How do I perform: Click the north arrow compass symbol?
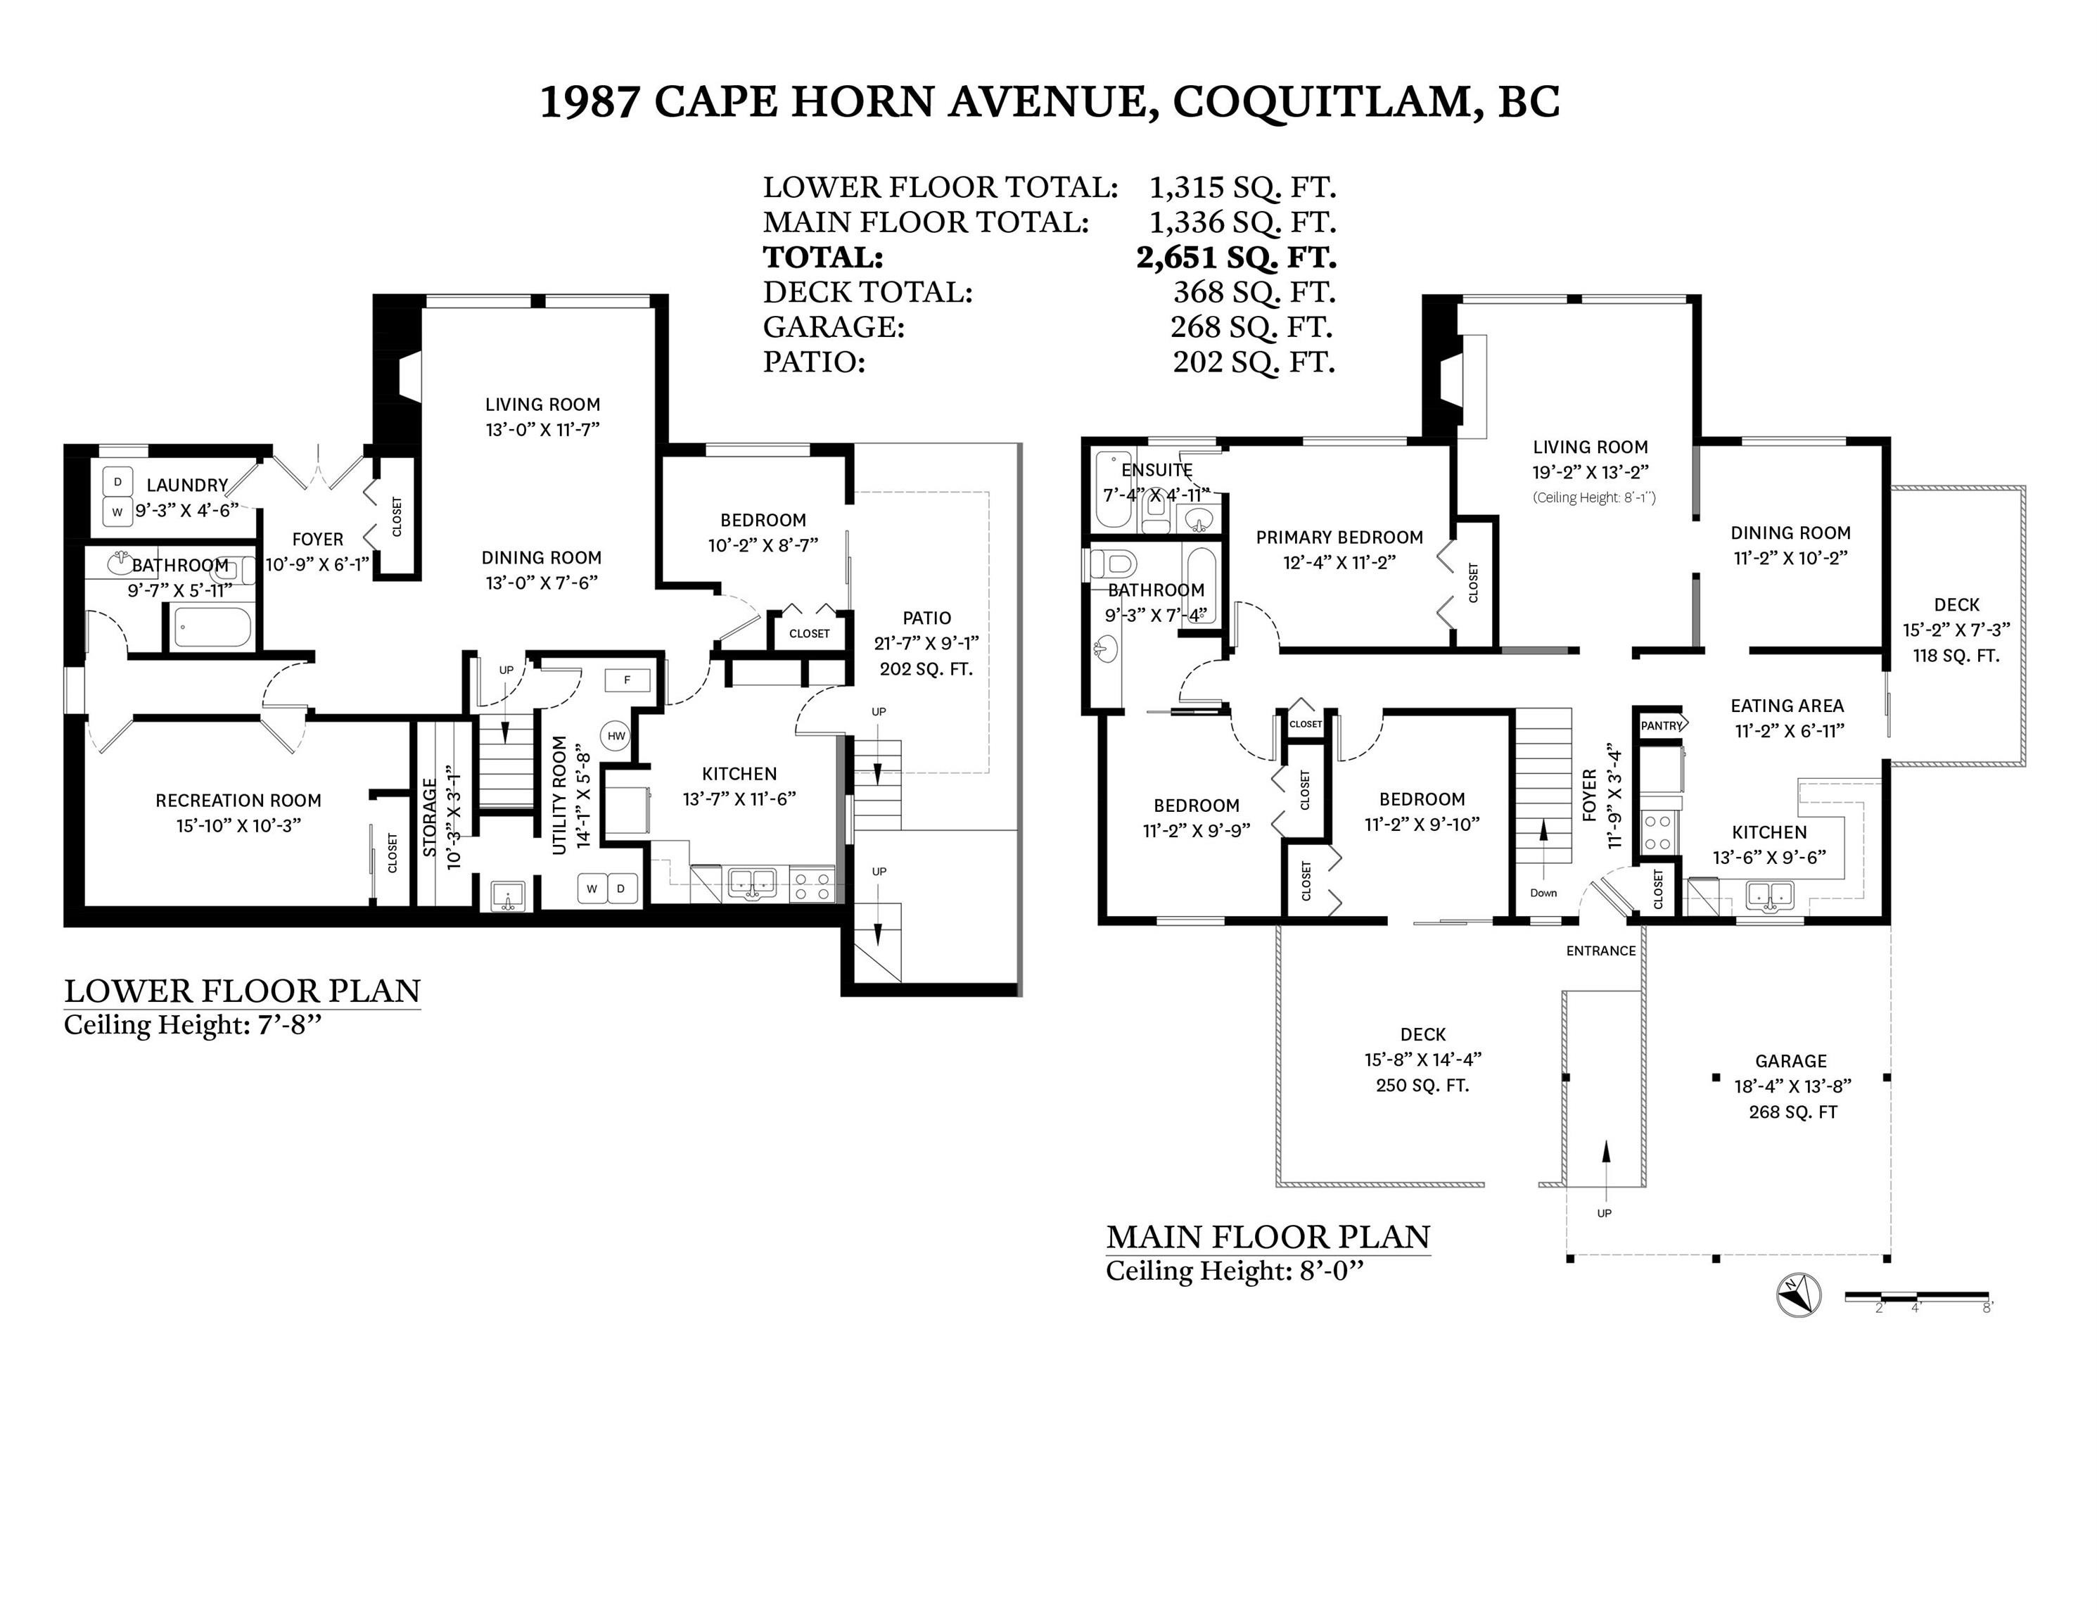coord(1799,1295)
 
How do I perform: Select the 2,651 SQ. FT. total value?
coord(1236,258)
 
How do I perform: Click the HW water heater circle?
coord(616,736)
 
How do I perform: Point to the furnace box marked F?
coord(627,680)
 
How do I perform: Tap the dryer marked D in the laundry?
coord(117,482)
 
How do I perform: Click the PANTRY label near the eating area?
coord(1661,725)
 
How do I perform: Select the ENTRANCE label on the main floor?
coord(1600,951)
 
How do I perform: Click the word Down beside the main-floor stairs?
coord(1543,893)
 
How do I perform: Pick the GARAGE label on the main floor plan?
coord(1791,1061)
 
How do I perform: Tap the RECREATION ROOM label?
coord(238,800)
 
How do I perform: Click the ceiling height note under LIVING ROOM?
coord(1594,497)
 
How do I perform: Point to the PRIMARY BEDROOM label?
coord(1339,537)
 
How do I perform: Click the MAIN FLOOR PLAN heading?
coord(1268,1237)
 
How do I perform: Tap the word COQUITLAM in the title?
coord(1321,102)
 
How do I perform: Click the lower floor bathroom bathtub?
coord(212,629)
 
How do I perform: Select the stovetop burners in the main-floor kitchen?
coord(1658,832)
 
